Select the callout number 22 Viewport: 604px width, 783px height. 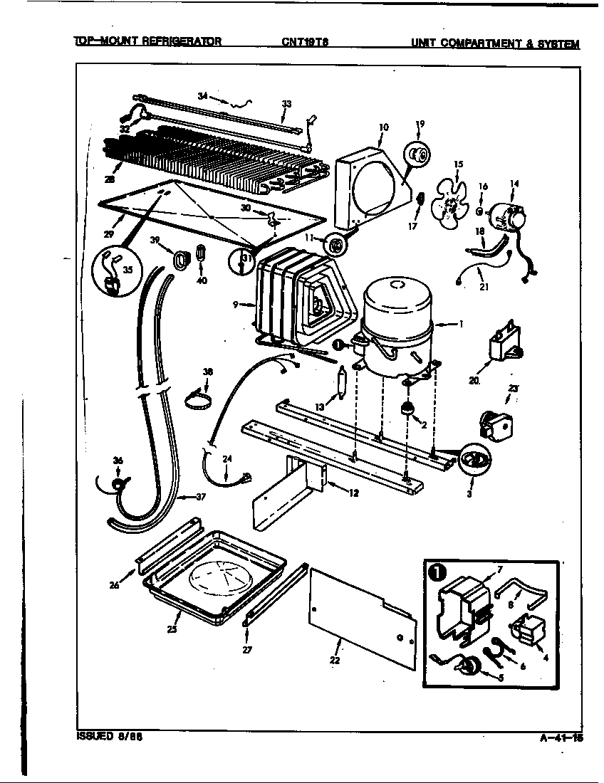click(x=334, y=660)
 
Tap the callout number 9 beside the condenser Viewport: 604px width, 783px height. click(x=236, y=305)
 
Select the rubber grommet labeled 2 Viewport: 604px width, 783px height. click(x=409, y=409)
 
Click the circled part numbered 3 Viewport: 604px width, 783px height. click(x=471, y=460)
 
